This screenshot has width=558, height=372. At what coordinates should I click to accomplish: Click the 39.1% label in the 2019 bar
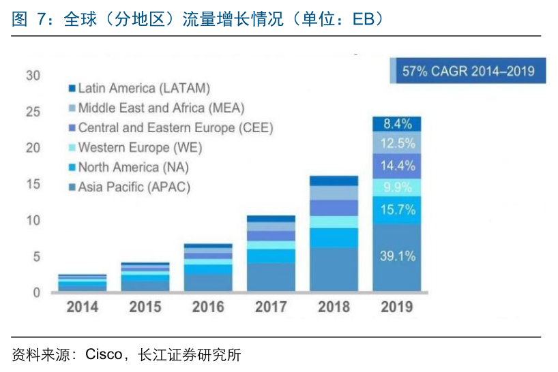pos(397,256)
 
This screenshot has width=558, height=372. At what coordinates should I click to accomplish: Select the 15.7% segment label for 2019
pos(397,210)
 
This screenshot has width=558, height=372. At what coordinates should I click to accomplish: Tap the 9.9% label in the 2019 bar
pos(397,187)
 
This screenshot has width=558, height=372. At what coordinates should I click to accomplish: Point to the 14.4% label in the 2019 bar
pos(397,165)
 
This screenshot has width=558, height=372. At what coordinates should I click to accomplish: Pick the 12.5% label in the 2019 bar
pos(397,143)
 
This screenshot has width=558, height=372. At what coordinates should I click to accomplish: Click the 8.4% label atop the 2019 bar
pos(397,124)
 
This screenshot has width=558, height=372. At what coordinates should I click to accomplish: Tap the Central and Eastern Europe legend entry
pos(175,127)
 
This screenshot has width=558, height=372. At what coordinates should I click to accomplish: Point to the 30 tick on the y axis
pos(33,75)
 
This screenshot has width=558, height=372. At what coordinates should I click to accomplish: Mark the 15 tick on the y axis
pos(33,184)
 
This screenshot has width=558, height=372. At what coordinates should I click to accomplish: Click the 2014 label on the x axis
pos(82,307)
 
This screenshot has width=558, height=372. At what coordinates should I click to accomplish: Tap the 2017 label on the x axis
pos(271,307)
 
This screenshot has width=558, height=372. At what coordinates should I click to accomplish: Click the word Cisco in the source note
pos(103,355)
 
